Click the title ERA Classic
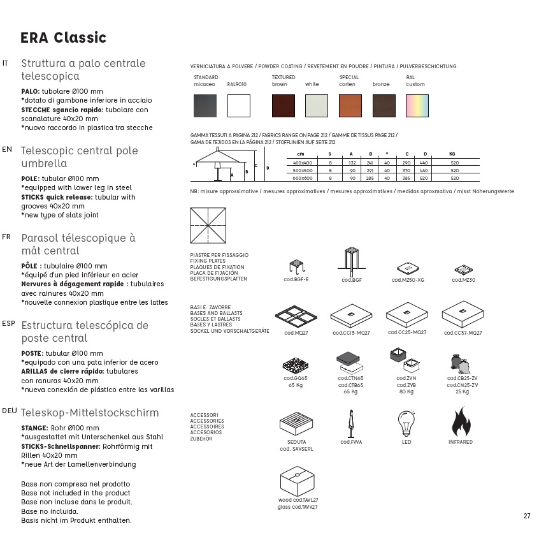point(63,38)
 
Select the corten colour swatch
point(350,105)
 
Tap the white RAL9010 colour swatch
point(239,105)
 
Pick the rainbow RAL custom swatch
point(417,105)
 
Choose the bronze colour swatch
point(384,105)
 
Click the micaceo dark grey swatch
point(205,105)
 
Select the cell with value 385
point(406,179)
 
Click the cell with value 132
point(352,163)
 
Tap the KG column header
point(452,154)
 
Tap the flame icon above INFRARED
point(461,423)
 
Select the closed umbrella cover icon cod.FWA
point(350,423)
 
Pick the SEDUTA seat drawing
point(298,424)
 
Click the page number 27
point(527,516)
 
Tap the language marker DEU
point(10,411)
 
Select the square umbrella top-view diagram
point(208,226)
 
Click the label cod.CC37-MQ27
point(463,333)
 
